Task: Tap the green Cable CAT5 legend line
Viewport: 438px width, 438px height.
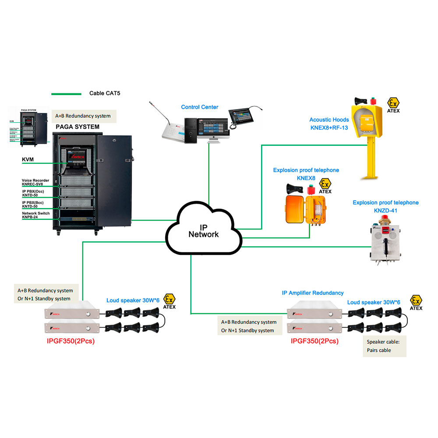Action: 66,94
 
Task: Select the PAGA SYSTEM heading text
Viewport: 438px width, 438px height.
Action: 78,127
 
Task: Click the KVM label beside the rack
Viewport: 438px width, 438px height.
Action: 28,160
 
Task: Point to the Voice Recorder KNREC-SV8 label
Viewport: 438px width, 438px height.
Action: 35,183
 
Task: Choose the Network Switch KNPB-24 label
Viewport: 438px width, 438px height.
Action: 35,215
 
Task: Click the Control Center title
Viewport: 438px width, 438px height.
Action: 200,107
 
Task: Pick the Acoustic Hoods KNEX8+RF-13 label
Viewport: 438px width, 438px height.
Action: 329,124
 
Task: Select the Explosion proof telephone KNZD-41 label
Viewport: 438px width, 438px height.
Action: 385,206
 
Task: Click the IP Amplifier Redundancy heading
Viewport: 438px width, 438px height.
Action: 313,293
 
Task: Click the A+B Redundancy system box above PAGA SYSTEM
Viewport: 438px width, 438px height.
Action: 83,116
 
